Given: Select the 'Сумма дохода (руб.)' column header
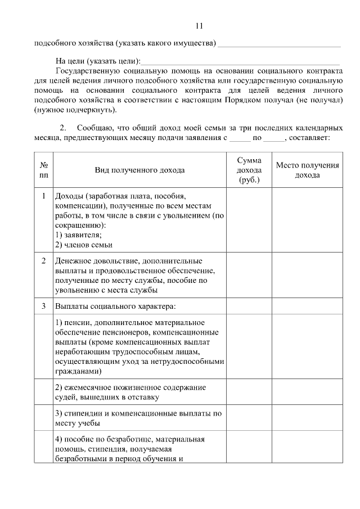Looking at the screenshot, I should pos(249,170).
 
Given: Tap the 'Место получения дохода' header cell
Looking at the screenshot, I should pos(307,170).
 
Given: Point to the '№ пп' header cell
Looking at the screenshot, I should pos(44,170).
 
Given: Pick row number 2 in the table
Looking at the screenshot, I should pos(44,261).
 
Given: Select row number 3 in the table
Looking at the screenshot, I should pos(44,306).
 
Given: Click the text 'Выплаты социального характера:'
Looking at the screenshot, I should pos(115,306).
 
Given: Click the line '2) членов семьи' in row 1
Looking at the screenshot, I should pos(83,245).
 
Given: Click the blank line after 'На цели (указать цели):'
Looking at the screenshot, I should pos(242,61).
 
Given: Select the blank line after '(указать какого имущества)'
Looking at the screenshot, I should pos(279,43).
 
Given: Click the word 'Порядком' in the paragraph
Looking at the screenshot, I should pos(258,100).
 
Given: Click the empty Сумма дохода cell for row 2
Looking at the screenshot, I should pos(249,276).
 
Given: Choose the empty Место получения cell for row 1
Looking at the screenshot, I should pos(307,220).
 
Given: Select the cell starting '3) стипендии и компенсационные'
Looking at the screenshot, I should pos(138,417).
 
